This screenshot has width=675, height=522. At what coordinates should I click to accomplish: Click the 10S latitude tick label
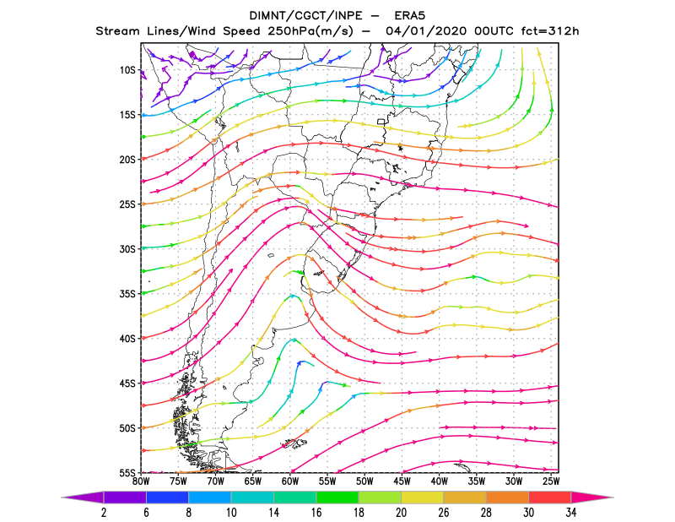127,70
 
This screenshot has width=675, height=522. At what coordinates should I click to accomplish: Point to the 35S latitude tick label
127,294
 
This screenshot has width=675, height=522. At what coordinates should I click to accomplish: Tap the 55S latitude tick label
127,473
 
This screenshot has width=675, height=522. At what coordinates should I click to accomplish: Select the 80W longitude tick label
141,481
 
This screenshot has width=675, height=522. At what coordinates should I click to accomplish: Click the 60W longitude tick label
290,481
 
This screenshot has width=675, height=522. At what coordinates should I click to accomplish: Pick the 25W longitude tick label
551,481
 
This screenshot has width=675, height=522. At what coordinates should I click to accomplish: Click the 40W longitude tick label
439,481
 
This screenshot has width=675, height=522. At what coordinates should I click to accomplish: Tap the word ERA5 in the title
410,16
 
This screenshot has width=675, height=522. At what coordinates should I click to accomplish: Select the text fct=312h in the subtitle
550,31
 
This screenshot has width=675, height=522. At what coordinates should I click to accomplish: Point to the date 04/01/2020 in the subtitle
426,31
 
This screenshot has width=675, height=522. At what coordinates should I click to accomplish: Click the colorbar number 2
104,513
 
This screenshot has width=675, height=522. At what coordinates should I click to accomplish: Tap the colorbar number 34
571,513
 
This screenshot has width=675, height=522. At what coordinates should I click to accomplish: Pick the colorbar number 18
359,513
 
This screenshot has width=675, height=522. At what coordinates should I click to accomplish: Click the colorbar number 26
444,513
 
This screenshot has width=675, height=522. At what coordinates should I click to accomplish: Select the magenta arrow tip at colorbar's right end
613,498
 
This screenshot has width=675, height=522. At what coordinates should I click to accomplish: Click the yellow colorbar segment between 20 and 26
423,498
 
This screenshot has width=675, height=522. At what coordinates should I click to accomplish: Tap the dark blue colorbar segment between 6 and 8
167,498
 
